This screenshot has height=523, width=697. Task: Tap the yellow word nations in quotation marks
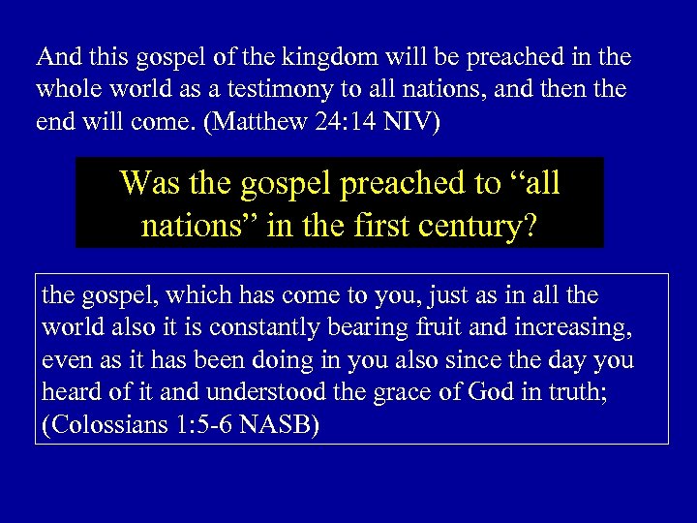pos(194,228)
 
